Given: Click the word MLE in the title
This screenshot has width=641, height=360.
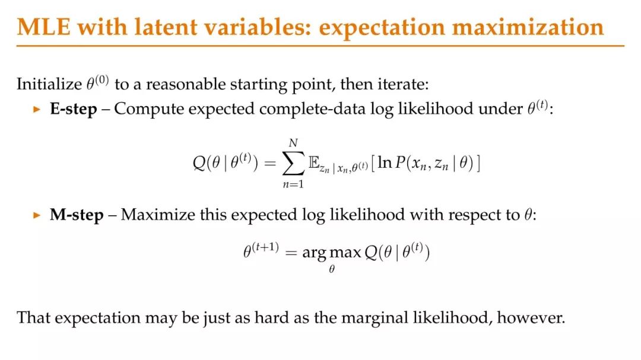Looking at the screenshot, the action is click(x=44, y=27).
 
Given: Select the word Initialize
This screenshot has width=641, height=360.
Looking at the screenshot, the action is click(x=49, y=85).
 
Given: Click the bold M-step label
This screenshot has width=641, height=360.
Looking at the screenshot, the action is click(x=77, y=215).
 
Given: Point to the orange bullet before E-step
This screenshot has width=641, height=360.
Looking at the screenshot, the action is click(x=37, y=110).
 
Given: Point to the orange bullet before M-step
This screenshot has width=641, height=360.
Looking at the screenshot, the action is click(x=37, y=215).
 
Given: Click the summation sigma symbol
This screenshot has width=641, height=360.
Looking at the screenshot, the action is click(x=294, y=163).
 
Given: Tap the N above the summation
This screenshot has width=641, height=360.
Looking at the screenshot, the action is click(x=293, y=143).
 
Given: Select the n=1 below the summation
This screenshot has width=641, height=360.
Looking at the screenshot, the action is click(x=293, y=184).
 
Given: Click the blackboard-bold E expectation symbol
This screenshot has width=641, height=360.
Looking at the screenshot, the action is click(x=314, y=163).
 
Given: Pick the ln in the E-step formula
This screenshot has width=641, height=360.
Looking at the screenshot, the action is click(x=385, y=163).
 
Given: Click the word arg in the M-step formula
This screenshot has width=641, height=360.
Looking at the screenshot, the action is click(x=314, y=253).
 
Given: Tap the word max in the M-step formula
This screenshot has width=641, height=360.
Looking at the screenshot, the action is click(x=345, y=253).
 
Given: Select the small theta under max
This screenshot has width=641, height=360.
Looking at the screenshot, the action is click(x=332, y=269).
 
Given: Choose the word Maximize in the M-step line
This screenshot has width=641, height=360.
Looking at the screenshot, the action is click(x=158, y=215).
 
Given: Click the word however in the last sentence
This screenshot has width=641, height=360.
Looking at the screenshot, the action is click(x=531, y=317).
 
